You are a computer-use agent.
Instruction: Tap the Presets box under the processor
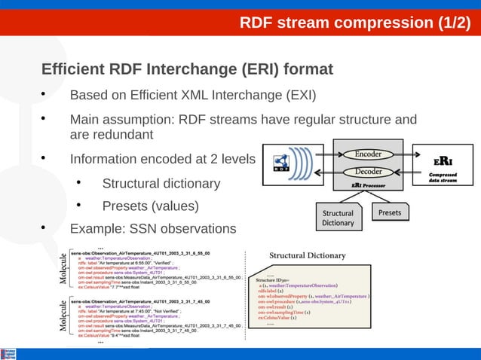pos(390,213)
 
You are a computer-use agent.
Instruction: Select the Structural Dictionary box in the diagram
pos(338,218)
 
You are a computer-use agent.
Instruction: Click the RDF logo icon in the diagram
pos(282,163)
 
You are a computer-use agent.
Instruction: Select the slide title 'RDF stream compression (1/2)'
pos(354,23)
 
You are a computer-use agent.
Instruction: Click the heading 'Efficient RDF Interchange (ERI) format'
pos(187,70)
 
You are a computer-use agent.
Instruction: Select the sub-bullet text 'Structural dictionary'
pos(161,183)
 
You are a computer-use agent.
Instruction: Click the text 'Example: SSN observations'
pos(152,228)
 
